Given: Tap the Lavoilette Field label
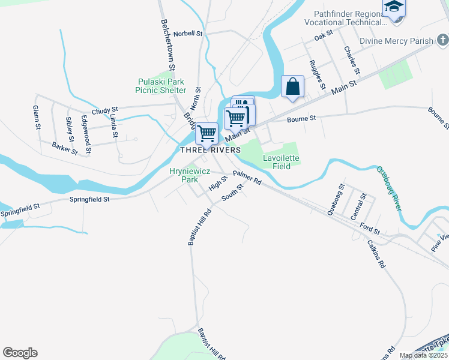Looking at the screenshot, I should (281, 162).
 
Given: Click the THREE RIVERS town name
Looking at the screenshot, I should (211, 149).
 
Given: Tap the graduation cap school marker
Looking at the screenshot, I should (394, 7).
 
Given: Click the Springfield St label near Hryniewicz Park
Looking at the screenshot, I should (89, 199).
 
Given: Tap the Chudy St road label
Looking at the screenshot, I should (105, 110).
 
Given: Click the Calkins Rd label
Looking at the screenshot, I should (378, 254).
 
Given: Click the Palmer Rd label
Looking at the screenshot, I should (247, 178).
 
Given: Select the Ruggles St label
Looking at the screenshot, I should (316, 73).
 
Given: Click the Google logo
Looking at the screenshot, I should (20, 353).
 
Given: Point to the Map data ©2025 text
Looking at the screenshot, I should (423, 355).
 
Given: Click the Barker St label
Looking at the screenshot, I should (65, 148).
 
